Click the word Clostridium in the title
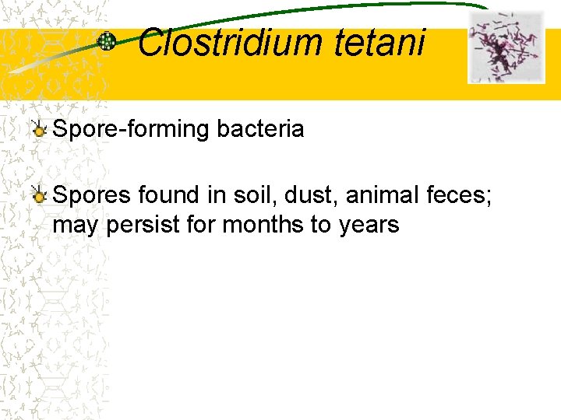(230, 43)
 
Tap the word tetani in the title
(379, 43)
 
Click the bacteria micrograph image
(506, 47)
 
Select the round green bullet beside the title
(107, 42)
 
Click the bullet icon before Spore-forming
(38, 130)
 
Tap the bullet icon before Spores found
(38, 195)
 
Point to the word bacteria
(261, 129)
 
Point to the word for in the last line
(201, 225)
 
